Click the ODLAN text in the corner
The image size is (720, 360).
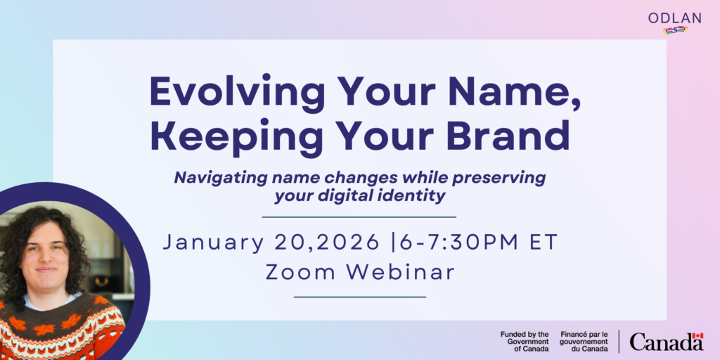pos(675,18)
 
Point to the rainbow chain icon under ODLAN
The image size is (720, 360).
pos(675,30)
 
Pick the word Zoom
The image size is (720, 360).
pos(296,272)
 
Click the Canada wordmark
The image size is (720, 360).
pos(666,342)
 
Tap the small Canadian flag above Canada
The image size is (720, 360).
pos(697,336)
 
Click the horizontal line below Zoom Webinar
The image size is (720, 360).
pos(359,297)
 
